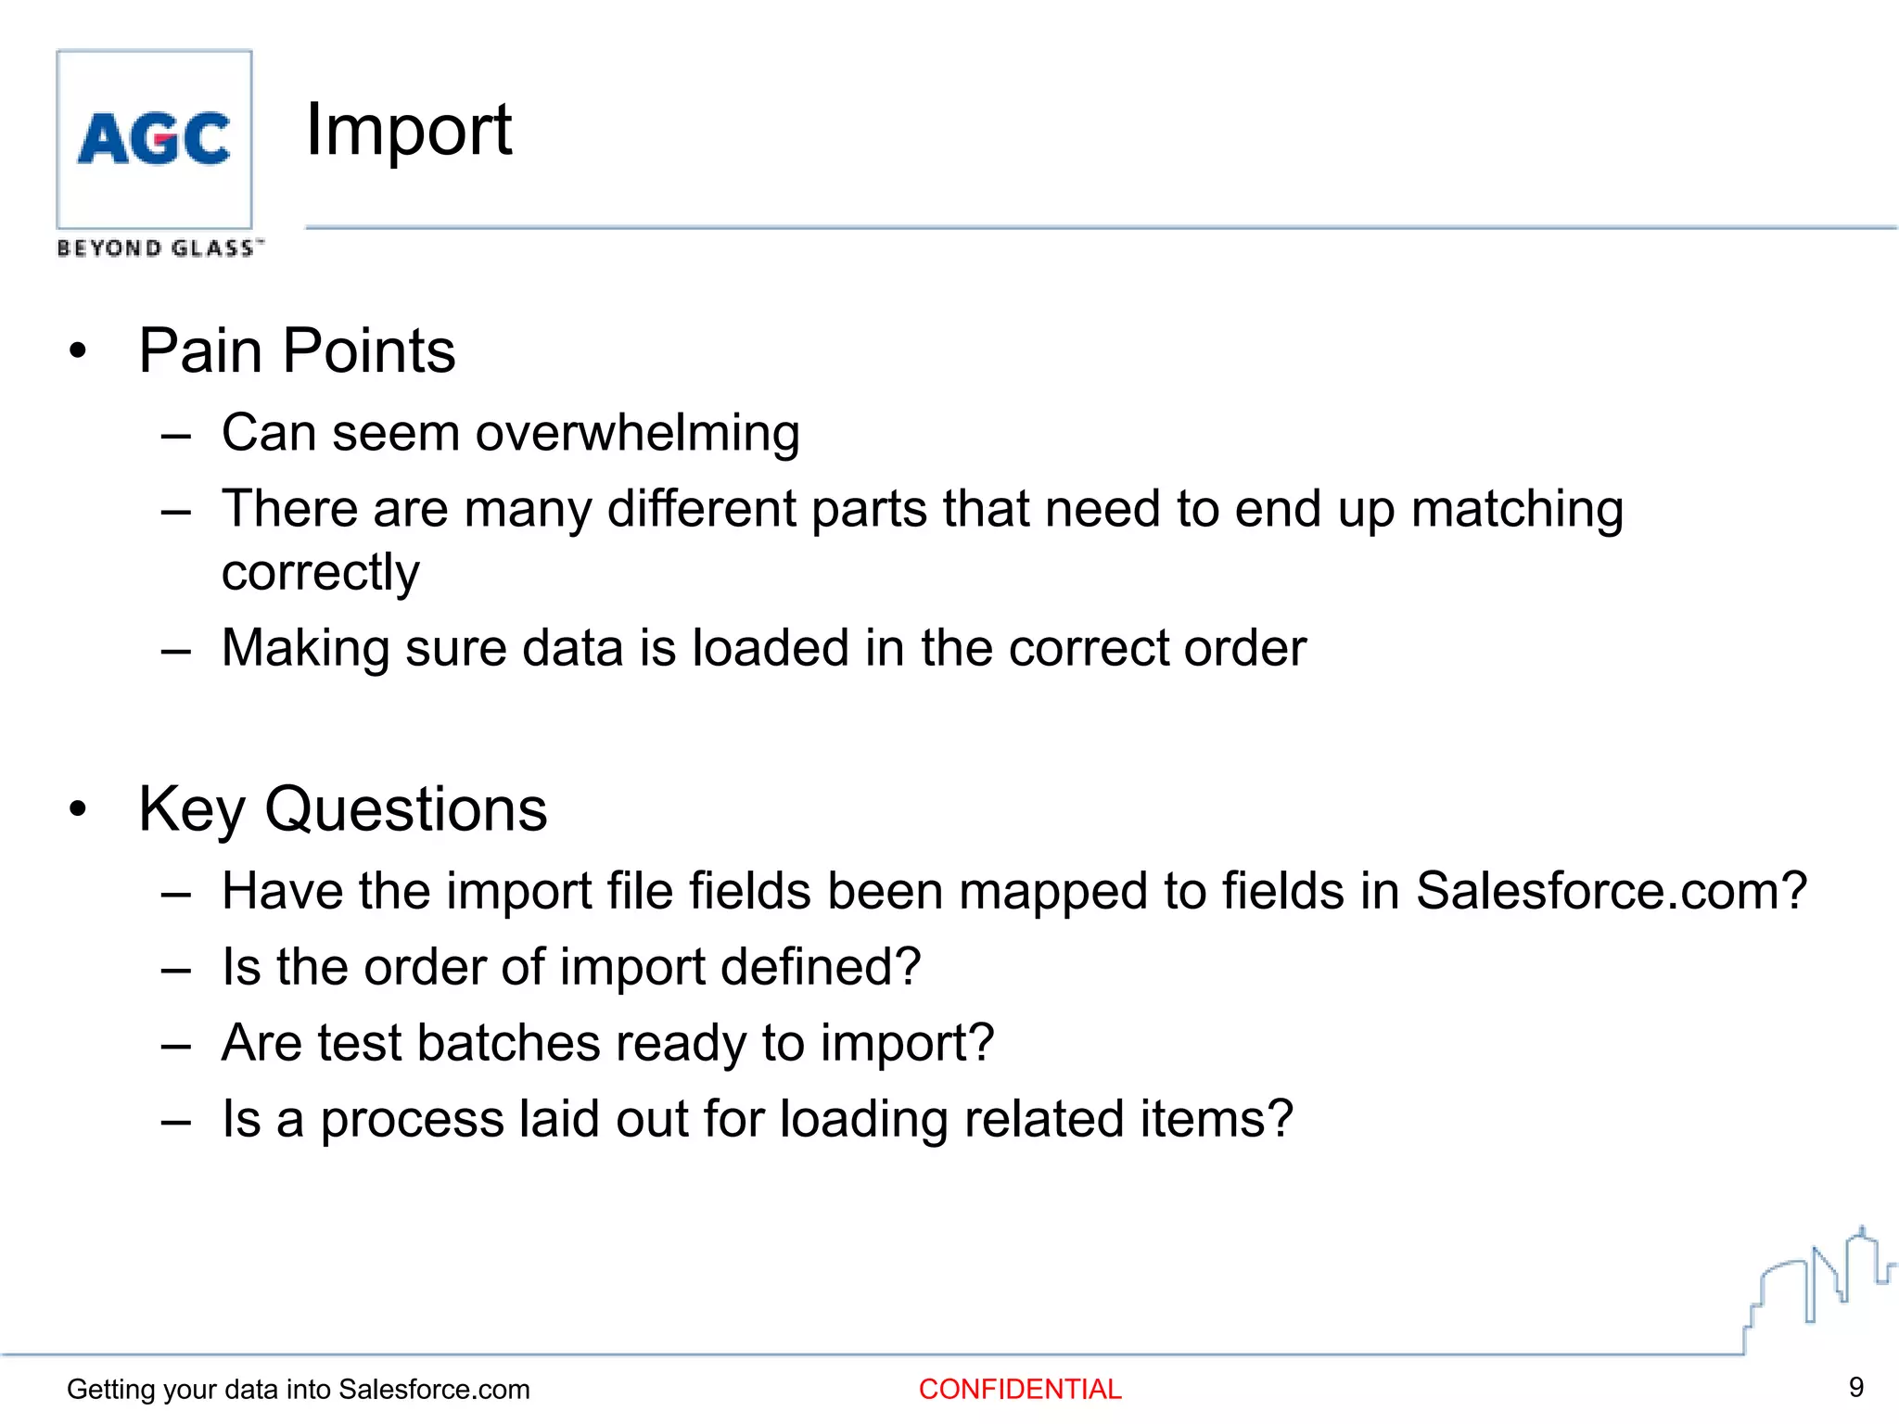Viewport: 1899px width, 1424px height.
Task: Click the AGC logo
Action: [154, 139]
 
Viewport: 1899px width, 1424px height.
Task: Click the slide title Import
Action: [408, 130]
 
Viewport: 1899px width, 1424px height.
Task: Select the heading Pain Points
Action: [297, 351]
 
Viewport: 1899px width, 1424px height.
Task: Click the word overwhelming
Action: [638, 433]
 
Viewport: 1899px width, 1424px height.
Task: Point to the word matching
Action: [1517, 510]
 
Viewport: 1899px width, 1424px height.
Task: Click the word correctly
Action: [320, 572]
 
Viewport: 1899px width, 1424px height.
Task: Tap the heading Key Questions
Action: [342, 809]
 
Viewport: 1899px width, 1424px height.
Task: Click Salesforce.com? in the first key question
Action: [1612, 891]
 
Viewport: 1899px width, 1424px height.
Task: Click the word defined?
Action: [821, 967]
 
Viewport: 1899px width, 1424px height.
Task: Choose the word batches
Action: [508, 1043]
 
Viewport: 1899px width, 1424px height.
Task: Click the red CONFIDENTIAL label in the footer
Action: [1020, 1389]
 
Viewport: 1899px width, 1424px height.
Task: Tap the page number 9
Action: [1855, 1387]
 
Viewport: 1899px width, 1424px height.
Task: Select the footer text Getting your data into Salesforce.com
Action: [298, 1389]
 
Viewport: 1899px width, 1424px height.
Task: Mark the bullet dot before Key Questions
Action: [78, 809]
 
